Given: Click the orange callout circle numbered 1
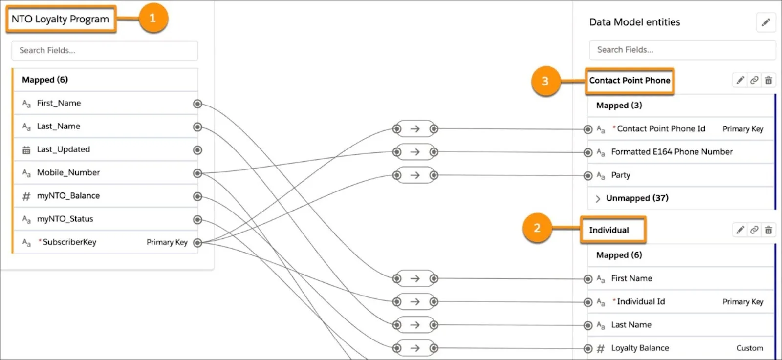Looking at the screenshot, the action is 153,18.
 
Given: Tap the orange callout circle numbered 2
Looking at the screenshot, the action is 537,228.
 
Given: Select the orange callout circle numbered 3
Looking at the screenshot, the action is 545,81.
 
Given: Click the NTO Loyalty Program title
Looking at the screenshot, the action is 61,19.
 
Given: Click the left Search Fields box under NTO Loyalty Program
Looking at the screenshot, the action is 105,50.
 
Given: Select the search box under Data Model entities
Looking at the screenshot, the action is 682,49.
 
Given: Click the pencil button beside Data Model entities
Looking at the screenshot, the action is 766,22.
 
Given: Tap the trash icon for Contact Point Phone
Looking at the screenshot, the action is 768,80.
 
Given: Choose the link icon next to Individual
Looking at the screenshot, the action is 754,230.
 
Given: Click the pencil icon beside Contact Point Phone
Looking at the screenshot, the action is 740,80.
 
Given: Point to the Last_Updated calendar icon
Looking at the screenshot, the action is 26,150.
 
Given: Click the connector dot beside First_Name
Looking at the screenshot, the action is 197,104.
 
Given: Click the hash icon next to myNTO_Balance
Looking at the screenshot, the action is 26,196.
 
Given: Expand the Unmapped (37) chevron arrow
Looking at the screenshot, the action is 598,198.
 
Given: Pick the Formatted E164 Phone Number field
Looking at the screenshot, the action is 672,152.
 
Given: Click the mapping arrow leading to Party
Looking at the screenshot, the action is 415,175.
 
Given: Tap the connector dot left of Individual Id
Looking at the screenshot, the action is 588,302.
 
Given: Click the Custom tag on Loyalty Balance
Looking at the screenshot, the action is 750,348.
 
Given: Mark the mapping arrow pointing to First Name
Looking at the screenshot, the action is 415,278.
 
